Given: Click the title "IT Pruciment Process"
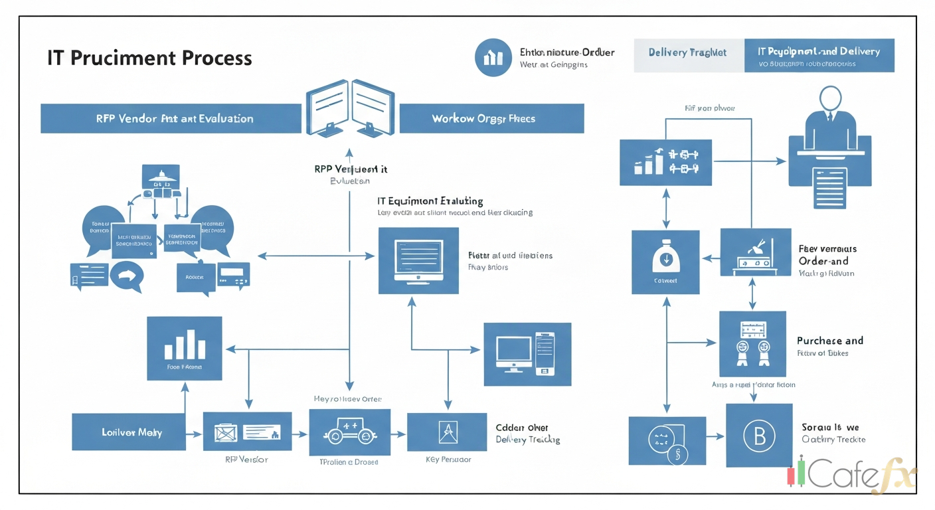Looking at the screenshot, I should [x=149, y=58].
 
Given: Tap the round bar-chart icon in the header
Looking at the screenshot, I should [x=493, y=57].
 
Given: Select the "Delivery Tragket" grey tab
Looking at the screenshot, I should [x=687, y=53].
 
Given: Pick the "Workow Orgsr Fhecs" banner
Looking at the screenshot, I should [x=491, y=118].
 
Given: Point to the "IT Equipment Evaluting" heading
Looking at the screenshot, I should [x=430, y=201].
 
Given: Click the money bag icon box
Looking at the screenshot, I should [x=665, y=262].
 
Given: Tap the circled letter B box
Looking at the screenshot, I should [x=759, y=436].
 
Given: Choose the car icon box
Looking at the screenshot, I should [x=350, y=432].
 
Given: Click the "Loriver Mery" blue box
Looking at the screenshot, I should [x=128, y=432].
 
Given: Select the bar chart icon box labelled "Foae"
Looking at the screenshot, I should [x=184, y=348].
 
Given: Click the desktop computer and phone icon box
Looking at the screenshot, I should [x=527, y=354].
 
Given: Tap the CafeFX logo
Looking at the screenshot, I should [x=853, y=474].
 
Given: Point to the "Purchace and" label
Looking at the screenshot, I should [x=829, y=341].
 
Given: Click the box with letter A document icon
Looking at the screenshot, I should [x=446, y=432].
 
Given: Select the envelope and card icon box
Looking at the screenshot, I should [x=247, y=432].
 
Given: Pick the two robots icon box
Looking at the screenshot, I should [x=752, y=344].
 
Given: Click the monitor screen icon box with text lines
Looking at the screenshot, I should [x=418, y=260].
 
